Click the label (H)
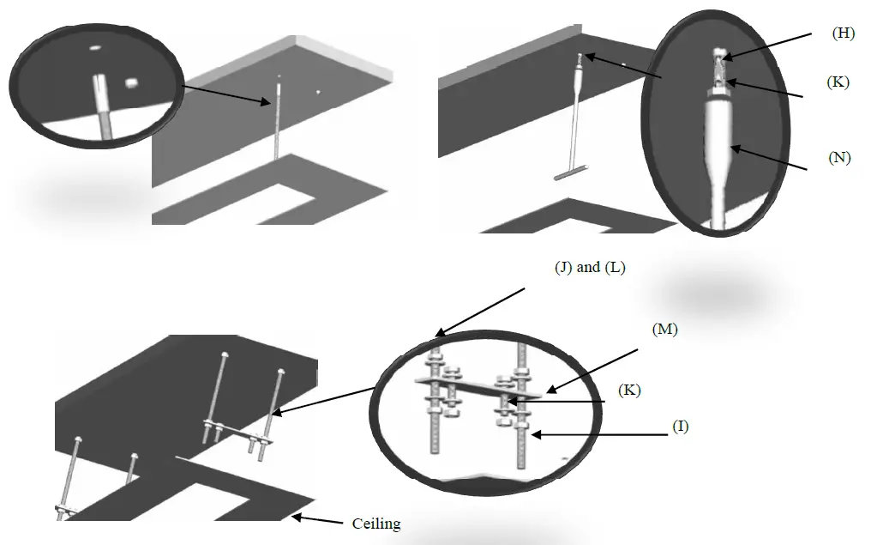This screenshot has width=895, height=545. (x=844, y=33)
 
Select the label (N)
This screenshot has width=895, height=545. (x=839, y=157)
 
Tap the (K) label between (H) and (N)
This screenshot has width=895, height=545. (x=838, y=82)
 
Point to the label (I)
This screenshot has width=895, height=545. (x=679, y=427)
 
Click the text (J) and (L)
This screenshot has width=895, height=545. (x=590, y=267)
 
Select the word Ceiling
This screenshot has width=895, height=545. (x=376, y=523)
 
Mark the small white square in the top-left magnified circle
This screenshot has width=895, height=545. (x=131, y=82)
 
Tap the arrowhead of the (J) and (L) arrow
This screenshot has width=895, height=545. (x=438, y=335)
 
